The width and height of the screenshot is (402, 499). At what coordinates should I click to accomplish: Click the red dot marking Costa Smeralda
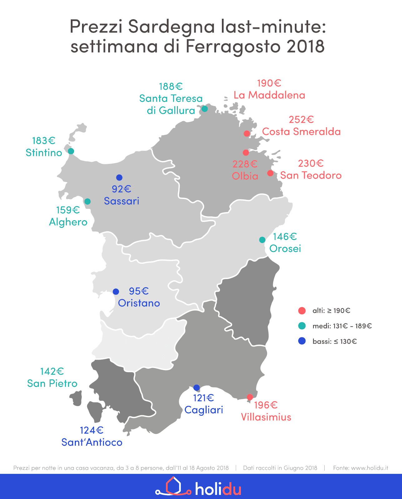(247, 133)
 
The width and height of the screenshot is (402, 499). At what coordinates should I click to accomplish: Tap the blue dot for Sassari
(119, 177)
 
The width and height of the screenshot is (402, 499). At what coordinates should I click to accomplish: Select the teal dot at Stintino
(71, 151)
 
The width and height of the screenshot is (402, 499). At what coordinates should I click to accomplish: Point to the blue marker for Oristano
(116, 292)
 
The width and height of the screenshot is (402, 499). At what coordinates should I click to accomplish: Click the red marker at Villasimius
(250, 397)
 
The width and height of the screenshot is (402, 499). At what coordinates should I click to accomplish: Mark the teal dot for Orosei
(262, 240)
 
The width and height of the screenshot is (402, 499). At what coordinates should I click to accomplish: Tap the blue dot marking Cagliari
(196, 388)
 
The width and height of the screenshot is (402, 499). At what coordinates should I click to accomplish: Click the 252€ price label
(301, 120)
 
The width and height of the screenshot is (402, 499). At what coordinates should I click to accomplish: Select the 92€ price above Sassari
(121, 189)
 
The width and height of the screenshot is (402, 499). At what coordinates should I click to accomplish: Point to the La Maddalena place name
(269, 95)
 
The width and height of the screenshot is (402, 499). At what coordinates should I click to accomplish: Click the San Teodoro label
(311, 175)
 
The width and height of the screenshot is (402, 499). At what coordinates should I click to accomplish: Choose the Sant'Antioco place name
(92, 442)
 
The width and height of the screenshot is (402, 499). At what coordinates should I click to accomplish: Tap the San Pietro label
(52, 383)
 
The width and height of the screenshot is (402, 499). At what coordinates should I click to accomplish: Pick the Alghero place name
(68, 222)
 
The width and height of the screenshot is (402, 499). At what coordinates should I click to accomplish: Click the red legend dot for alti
(302, 311)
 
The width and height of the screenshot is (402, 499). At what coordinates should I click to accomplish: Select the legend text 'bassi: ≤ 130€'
(335, 342)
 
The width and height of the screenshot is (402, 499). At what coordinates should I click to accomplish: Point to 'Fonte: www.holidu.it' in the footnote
(360, 468)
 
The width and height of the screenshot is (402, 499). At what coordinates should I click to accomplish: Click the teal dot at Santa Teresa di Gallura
(204, 109)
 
